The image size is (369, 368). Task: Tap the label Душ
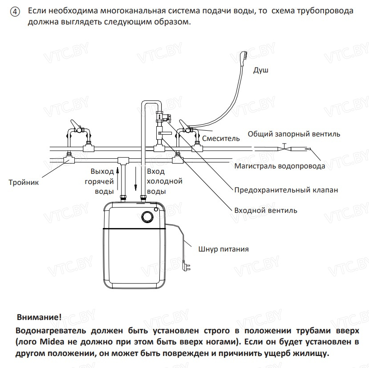coord(261,70)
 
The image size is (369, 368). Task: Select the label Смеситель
coord(221,138)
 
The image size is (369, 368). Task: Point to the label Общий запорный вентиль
coord(294,134)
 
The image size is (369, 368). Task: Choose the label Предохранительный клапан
coord(286,190)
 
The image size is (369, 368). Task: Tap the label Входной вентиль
coord(266,210)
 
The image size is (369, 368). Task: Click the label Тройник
coord(24,182)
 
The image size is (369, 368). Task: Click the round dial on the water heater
coord(146,217)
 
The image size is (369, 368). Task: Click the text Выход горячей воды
coord(102,181)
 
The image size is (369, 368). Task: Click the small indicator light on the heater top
coord(156,209)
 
